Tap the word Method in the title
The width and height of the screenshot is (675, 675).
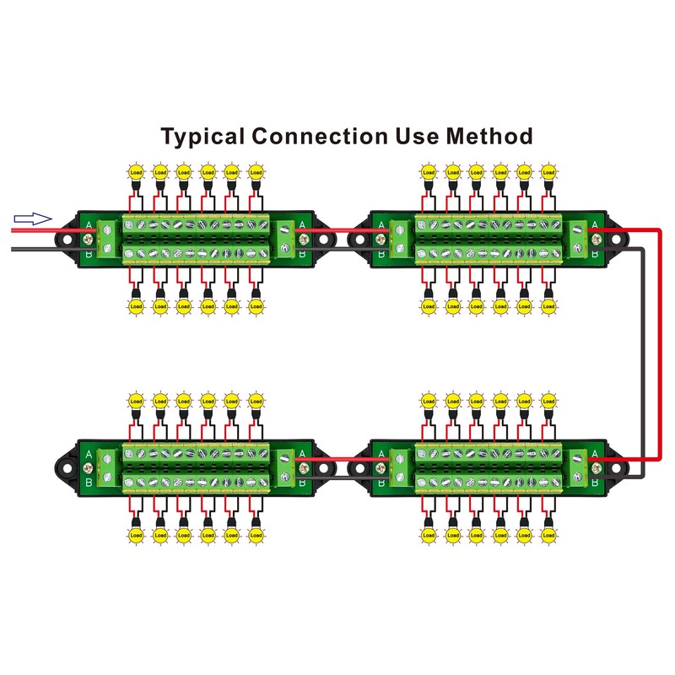(x=490, y=137)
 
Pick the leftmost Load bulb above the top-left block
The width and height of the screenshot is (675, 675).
(x=135, y=172)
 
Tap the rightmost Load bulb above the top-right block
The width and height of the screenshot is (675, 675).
(x=548, y=172)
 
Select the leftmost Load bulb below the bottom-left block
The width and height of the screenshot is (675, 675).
(x=135, y=533)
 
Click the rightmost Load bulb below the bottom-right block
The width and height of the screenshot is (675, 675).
(x=548, y=533)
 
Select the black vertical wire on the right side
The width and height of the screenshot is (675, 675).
(x=645, y=354)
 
